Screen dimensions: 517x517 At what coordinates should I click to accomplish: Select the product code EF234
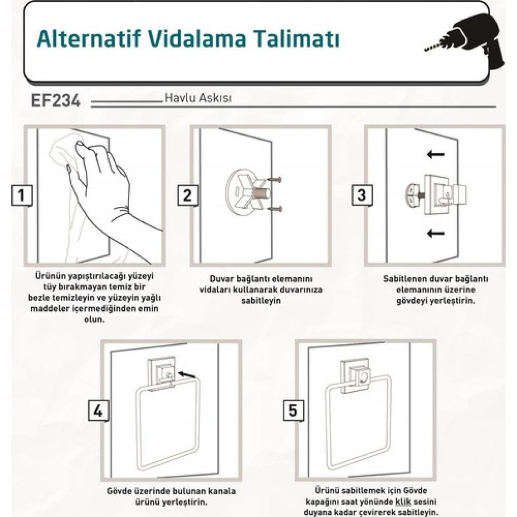pyautogui.click(x=55, y=100)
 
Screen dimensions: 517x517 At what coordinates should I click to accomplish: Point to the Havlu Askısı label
pyautogui.click(x=198, y=98)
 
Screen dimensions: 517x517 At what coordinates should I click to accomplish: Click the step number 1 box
pyautogui.click(x=22, y=195)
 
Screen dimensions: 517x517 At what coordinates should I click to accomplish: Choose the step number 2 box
pyautogui.click(x=188, y=195)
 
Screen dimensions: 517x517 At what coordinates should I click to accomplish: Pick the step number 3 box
pyautogui.click(x=362, y=195)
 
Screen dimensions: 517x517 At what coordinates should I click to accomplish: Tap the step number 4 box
pyautogui.click(x=98, y=411)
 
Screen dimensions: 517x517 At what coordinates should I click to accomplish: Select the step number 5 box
pyautogui.click(x=293, y=411)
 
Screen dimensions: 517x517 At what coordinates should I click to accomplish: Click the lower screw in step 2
pyautogui.click(x=275, y=208)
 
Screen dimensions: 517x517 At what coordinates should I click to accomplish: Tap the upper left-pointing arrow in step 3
pyautogui.click(x=436, y=154)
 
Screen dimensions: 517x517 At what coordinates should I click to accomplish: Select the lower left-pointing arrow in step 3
pyautogui.click(x=436, y=234)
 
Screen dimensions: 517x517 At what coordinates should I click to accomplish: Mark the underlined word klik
pyautogui.click(x=403, y=502)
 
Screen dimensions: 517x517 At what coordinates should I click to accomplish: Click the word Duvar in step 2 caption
pyautogui.click(x=221, y=279)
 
